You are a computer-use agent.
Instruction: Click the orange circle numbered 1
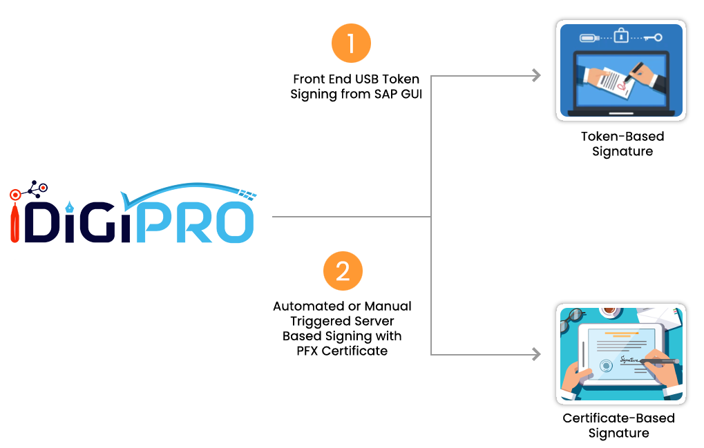(351, 43)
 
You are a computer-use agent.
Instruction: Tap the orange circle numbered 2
(343, 271)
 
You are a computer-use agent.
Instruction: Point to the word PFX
(301, 351)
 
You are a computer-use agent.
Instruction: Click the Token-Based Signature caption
(622, 144)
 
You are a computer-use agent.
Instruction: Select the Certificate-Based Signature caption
(618, 425)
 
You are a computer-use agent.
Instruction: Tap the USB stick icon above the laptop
(588, 37)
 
